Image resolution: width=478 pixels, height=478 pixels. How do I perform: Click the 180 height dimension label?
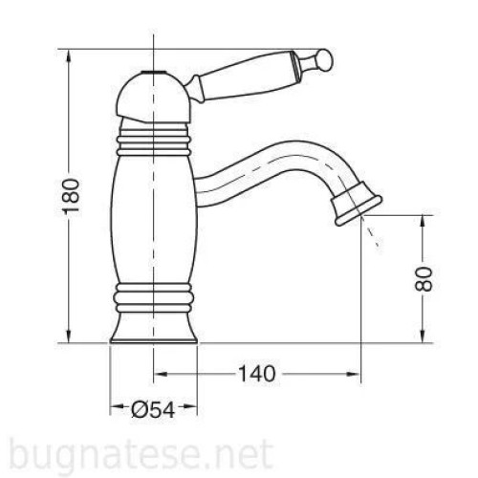(71, 196)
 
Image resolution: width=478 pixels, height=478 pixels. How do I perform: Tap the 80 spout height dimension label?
(424, 279)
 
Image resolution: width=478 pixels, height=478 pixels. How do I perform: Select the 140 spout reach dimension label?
(256, 374)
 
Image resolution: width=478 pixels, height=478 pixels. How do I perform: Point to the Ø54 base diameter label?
(153, 409)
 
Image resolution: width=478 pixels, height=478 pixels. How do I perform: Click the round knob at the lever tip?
(324, 59)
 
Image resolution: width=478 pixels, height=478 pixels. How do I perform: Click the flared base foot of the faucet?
(153, 328)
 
